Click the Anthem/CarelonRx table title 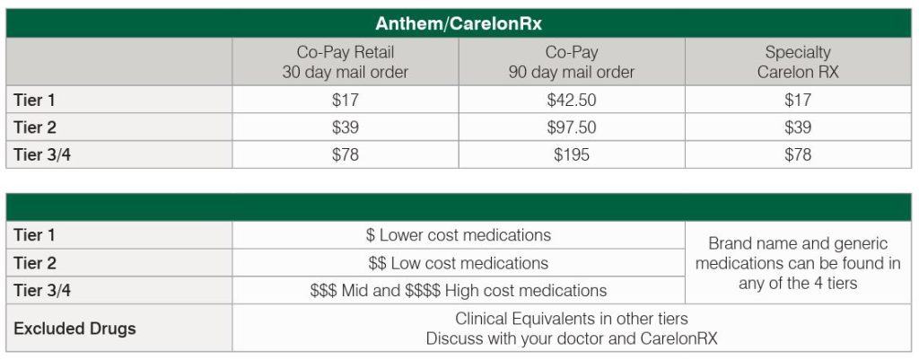tap(459, 23)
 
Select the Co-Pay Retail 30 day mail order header tap(346, 62)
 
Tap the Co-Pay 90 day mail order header tap(572, 62)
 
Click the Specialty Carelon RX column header tap(798, 62)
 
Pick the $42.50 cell tap(572, 101)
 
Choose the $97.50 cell tap(572, 127)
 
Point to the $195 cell tap(572, 154)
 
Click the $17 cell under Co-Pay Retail tap(346, 101)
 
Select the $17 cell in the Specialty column tap(798, 101)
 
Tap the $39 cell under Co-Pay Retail tap(346, 127)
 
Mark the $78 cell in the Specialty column tap(798, 154)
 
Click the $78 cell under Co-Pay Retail tap(346, 154)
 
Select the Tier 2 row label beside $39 tap(36, 127)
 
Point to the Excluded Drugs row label tap(74, 328)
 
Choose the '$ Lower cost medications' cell tap(458, 235)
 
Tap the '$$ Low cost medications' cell tap(458, 263)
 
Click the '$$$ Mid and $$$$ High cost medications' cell tap(458, 290)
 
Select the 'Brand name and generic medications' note tap(798, 263)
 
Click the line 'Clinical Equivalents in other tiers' tap(572, 319)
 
